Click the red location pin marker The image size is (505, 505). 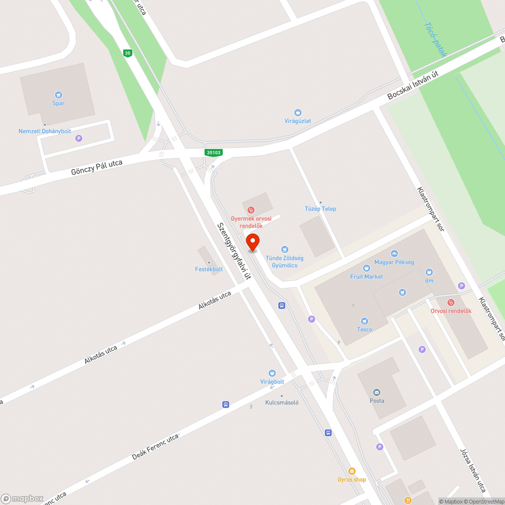click(252, 242)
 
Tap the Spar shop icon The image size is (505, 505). click(59, 94)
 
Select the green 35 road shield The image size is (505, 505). click(128, 53)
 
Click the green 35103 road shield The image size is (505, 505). click(214, 153)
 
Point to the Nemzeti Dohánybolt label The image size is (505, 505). click(45, 131)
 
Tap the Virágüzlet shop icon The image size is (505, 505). click(298, 113)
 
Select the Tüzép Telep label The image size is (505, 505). click(320, 209)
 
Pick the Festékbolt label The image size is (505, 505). click(209, 269)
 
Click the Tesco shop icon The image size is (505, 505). click(365, 321)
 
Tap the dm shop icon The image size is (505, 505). click(429, 272)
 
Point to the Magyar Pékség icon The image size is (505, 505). click(394, 254)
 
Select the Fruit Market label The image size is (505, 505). click(367, 277)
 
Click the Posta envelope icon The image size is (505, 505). click(377, 392)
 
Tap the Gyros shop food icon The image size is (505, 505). click(352, 471)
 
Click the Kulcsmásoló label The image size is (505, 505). click(282, 402)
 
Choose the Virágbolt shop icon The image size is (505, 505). click(272, 373)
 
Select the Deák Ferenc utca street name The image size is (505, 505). click(155, 447)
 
